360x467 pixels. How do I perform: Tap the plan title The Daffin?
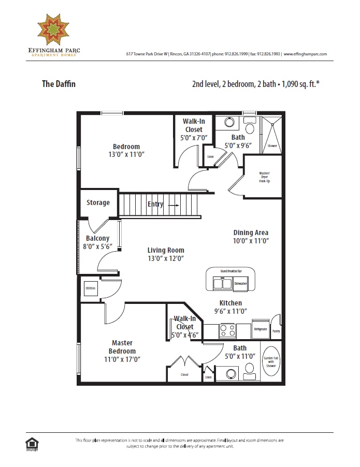point(59,83)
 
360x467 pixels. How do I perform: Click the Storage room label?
point(98,203)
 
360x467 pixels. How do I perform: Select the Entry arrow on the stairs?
point(172,205)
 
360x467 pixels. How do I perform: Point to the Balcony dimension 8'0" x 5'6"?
point(98,247)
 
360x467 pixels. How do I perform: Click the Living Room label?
point(166,250)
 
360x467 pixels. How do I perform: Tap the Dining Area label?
point(251,232)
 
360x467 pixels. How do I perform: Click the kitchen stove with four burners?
point(227,330)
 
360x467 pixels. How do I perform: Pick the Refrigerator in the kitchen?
point(260,329)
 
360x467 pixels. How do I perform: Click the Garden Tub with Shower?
point(271,361)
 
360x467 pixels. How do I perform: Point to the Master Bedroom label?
point(122,346)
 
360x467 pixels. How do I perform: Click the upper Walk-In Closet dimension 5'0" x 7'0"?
point(193,138)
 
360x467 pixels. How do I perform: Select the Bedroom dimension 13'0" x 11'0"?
point(127,154)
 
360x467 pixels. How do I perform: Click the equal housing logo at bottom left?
point(32,443)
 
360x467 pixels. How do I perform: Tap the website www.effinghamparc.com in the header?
point(305,54)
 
